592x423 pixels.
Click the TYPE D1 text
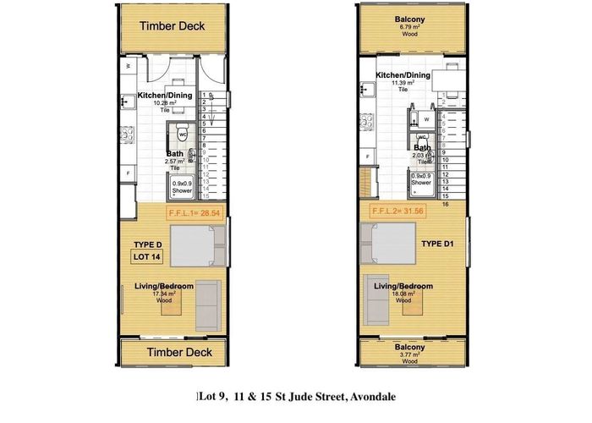(x=439, y=241)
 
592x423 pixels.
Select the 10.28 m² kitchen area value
(x=166, y=103)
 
